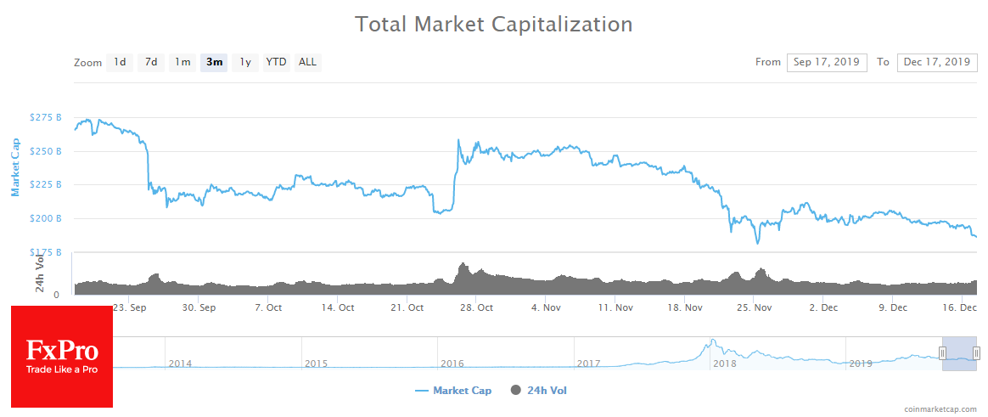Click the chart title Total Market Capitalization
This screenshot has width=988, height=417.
pyautogui.click(x=493, y=24)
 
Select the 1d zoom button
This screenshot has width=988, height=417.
pyautogui.click(x=120, y=62)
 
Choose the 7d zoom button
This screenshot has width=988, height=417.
pyautogui.click(x=151, y=62)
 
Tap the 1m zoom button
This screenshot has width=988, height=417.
pyautogui.click(x=182, y=62)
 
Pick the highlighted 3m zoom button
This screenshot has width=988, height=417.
pyautogui.click(x=214, y=62)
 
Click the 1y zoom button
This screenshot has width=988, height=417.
pyautogui.click(x=245, y=62)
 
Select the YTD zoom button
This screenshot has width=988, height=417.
pyautogui.click(x=276, y=62)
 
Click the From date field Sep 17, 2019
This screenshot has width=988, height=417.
pyautogui.click(x=827, y=62)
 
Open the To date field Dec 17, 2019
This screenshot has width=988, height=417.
pyautogui.click(x=936, y=62)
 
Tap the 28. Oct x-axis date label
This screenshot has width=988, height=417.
pyautogui.click(x=478, y=307)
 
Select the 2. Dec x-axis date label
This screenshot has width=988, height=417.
pyautogui.click(x=822, y=307)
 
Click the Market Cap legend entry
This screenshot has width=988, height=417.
pyautogui.click(x=453, y=391)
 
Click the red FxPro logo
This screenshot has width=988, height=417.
pyautogui.click(x=62, y=356)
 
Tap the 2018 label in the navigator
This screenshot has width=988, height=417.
pyautogui.click(x=725, y=363)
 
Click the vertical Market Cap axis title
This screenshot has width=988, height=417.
pyautogui.click(x=14, y=166)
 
